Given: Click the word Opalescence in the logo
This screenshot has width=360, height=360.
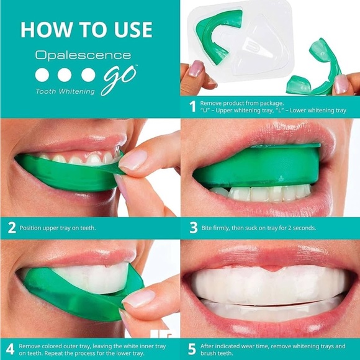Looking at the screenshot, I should coord(83,55).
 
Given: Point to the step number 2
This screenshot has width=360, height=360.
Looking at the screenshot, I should coord(11,228).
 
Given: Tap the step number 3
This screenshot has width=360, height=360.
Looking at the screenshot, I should coord(192,228).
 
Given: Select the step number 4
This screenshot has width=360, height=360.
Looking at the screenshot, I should coord(10,348).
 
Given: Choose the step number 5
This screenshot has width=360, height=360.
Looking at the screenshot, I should coord(192,348).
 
